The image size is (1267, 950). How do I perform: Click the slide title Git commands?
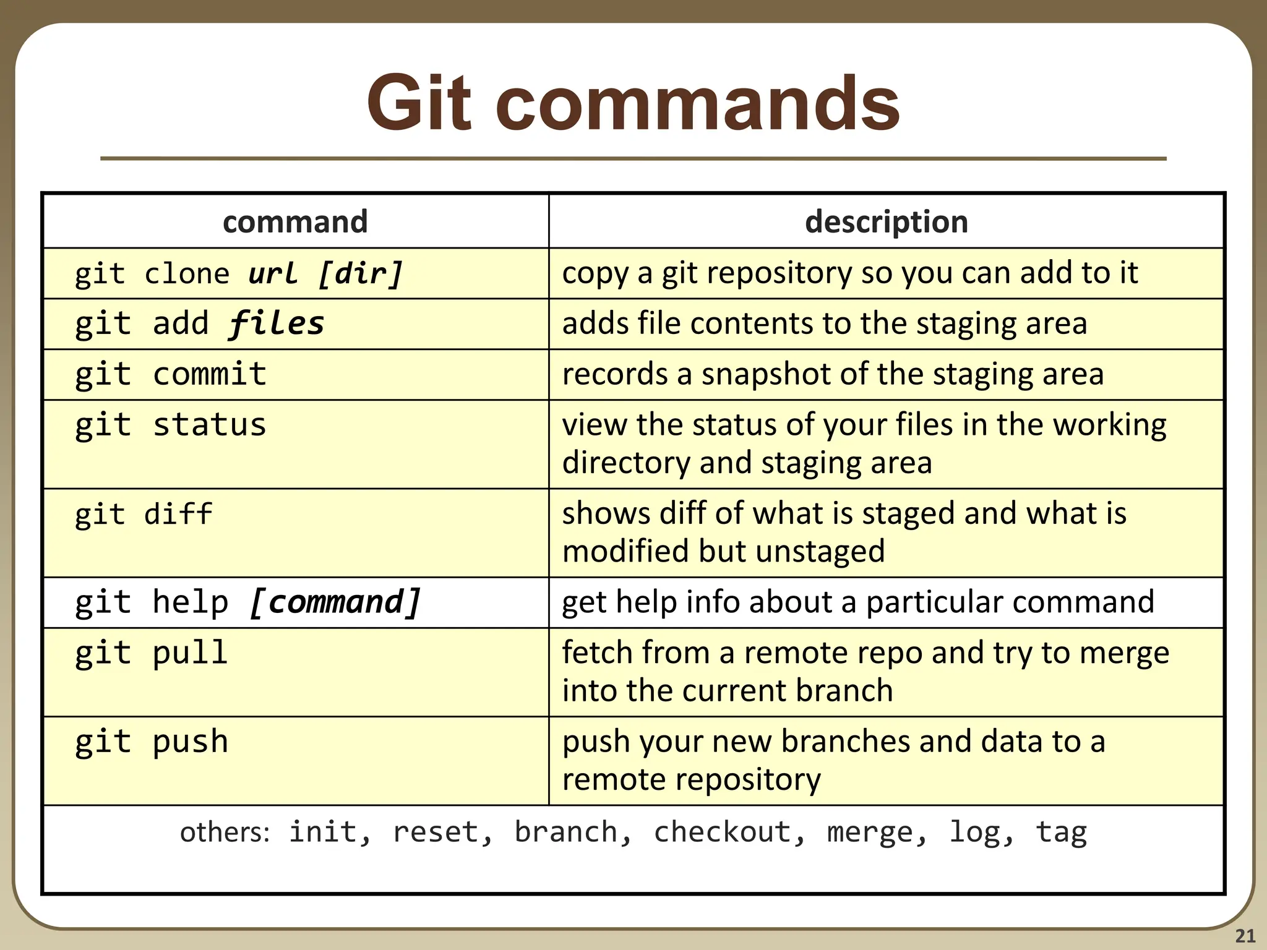(x=633, y=103)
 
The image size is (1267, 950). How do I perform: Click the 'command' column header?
(x=295, y=221)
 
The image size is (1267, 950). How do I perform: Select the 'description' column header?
(x=886, y=221)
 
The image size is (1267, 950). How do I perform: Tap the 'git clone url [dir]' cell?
(x=239, y=273)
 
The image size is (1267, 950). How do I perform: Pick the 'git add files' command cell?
(x=199, y=323)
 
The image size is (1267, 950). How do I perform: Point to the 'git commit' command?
(x=171, y=374)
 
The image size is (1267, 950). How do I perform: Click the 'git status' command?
(x=171, y=425)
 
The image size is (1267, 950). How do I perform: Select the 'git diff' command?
(x=144, y=514)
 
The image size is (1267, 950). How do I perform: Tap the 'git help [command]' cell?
(x=247, y=602)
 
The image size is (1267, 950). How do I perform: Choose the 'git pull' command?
(x=152, y=653)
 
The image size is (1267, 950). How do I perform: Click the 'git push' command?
(x=152, y=742)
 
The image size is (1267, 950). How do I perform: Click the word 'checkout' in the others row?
(x=723, y=832)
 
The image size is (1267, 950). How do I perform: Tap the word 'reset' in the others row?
(x=436, y=832)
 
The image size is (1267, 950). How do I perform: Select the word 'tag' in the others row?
(x=1061, y=832)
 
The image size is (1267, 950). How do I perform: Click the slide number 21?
(x=1245, y=935)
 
